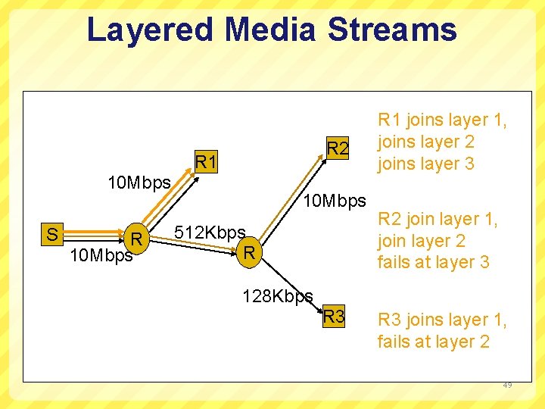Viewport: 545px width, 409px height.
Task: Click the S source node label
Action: pos(52,234)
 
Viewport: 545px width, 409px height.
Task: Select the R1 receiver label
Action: pos(207,162)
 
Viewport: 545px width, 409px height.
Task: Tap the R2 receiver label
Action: pos(338,149)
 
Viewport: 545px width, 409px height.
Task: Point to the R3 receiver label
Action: pos(334,317)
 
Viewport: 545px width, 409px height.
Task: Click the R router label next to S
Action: pos(137,240)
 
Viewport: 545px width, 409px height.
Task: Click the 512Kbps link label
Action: pos(210,232)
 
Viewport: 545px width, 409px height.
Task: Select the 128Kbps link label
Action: pos(277,295)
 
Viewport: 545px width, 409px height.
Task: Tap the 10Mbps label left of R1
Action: pos(139,183)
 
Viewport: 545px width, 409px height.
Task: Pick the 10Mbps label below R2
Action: pos(334,201)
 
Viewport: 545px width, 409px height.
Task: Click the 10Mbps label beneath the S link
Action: pos(101,255)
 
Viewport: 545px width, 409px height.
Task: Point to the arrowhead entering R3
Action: pos(318,308)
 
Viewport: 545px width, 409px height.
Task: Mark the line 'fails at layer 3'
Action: pos(434,262)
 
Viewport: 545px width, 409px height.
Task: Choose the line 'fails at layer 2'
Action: pos(434,342)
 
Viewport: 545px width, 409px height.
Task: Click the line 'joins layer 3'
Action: pos(426,164)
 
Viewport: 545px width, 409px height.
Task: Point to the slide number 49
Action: pos(506,385)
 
